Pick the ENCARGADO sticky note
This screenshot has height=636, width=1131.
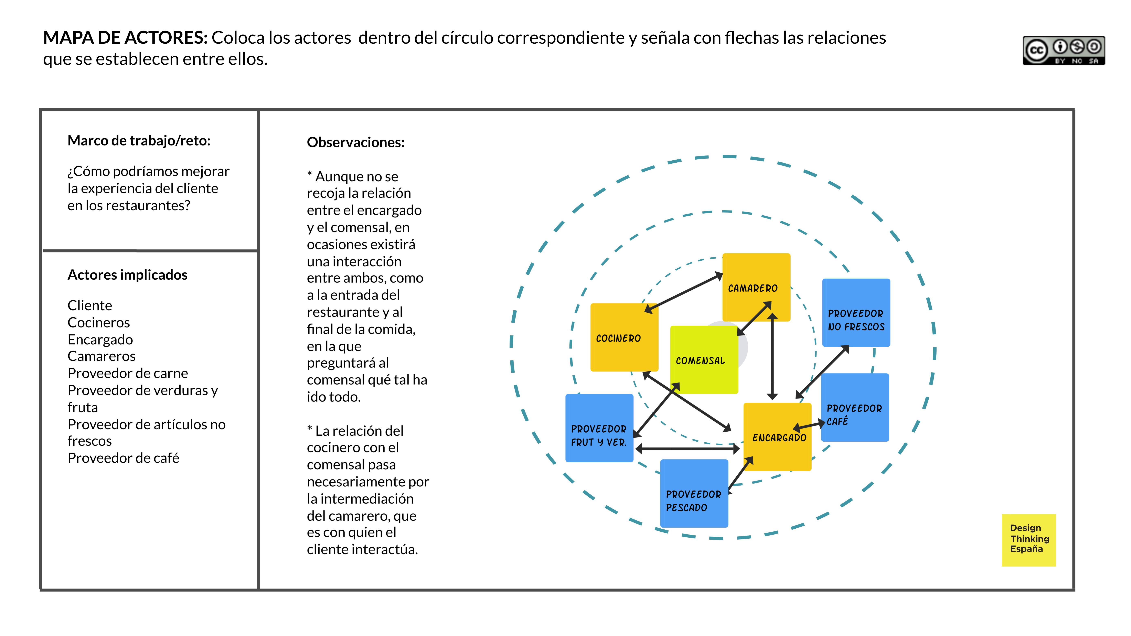(x=777, y=437)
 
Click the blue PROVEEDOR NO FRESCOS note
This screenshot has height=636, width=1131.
(x=856, y=313)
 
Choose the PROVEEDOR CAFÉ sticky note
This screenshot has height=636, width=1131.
(x=855, y=407)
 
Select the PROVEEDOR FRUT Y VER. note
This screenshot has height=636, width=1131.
(x=599, y=428)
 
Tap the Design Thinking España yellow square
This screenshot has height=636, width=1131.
(x=1029, y=540)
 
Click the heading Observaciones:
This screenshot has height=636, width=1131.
(x=356, y=142)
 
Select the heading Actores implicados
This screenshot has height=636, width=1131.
(x=127, y=275)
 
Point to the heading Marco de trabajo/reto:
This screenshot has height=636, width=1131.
(x=139, y=140)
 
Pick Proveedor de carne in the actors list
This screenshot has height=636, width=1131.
(x=128, y=373)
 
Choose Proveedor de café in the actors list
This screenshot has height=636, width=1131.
(x=123, y=458)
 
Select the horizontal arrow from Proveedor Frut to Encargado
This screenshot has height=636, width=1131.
(x=687, y=449)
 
